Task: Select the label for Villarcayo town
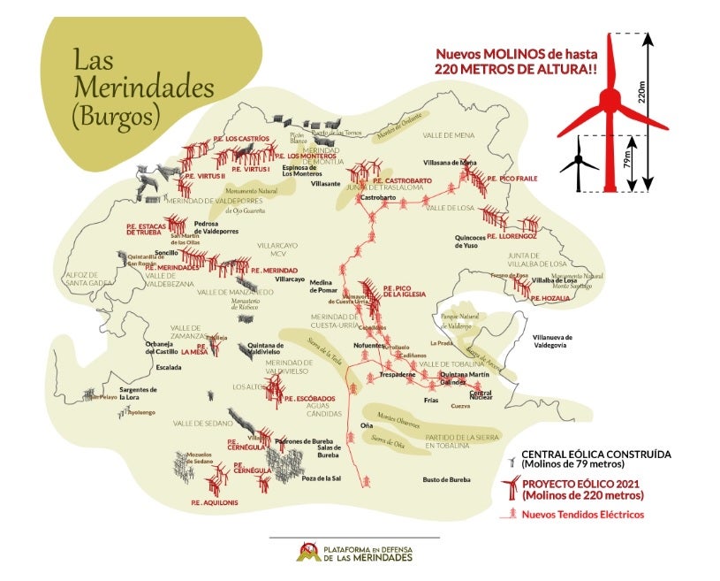tap(290, 279)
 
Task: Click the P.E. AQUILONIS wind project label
tap(209, 502)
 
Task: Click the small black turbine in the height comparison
tap(579, 161)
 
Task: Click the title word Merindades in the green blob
tap(144, 88)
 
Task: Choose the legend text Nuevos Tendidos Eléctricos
tap(583, 515)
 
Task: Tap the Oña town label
tap(343, 426)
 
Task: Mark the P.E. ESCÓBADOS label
tap(310, 399)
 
